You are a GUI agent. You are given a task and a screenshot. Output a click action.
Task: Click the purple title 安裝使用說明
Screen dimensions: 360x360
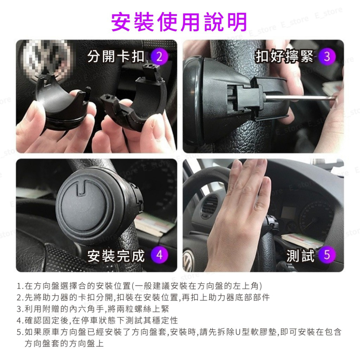click(179, 22)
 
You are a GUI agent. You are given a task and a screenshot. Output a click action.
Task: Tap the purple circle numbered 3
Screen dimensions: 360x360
click(327, 57)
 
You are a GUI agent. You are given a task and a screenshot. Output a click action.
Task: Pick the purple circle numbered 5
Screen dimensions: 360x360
click(327, 255)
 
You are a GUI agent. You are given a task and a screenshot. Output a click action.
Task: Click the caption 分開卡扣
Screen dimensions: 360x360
click(116, 57)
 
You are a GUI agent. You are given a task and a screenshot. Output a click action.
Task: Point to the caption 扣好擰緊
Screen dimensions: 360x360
click(284, 57)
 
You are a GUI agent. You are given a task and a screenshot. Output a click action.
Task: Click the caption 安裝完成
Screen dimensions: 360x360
click(116, 256)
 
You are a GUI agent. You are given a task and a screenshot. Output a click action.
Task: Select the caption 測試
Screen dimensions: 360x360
click(301, 256)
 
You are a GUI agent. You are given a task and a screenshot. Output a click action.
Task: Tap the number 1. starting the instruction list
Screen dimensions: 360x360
click(20, 286)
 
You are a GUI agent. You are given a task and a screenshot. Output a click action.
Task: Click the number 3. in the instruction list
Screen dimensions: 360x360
click(20, 309)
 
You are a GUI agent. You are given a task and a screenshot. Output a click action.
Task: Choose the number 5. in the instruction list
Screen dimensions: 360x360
click(20, 332)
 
